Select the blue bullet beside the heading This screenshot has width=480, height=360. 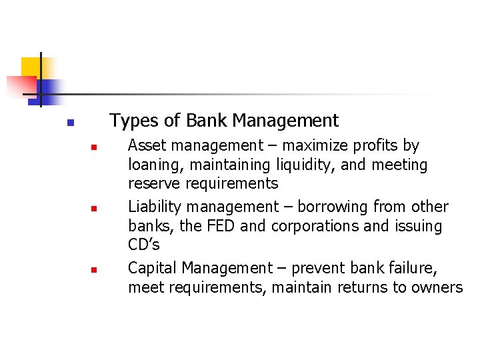(x=69, y=123)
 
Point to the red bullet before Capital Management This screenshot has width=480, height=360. (x=94, y=271)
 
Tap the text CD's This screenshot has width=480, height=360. (x=143, y=245)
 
